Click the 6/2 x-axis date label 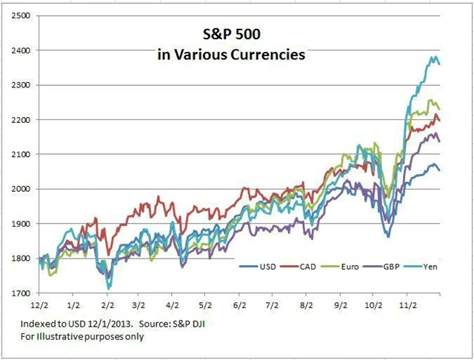[239, 304]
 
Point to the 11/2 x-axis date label [407, 304]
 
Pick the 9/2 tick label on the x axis [340, 304]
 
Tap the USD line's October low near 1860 [387, 236]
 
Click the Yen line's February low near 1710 [109, 287]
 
